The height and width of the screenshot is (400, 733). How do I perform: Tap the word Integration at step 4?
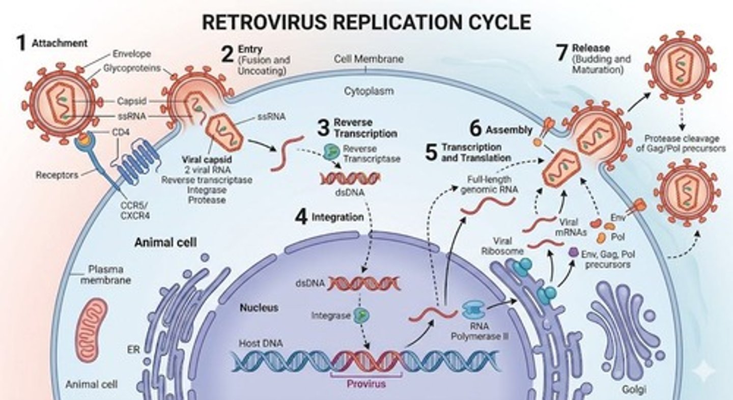(x=337, y=217)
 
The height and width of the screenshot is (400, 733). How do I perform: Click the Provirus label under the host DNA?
(x=366, y=383)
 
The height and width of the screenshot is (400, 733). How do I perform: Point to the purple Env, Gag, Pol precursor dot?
(x=574, y=251)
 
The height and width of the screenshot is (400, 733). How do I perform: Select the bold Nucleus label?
(x=259, y=307)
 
